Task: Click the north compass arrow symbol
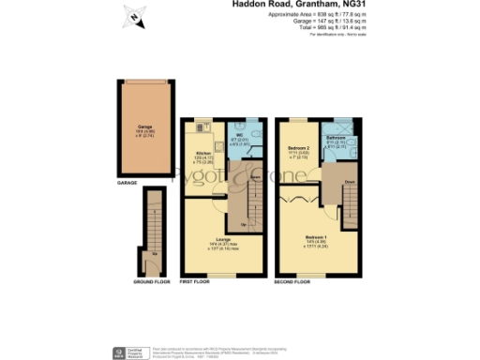pyautogui.click(x=134, y=16)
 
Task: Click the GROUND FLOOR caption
pyautogui.click(x=150, y=281)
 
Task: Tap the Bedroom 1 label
pyautogui.click(x=316, y=238)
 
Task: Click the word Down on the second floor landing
pyautogui.click(x=349, y=183)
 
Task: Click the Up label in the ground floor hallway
pyautogui.click(x=154, y=253)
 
